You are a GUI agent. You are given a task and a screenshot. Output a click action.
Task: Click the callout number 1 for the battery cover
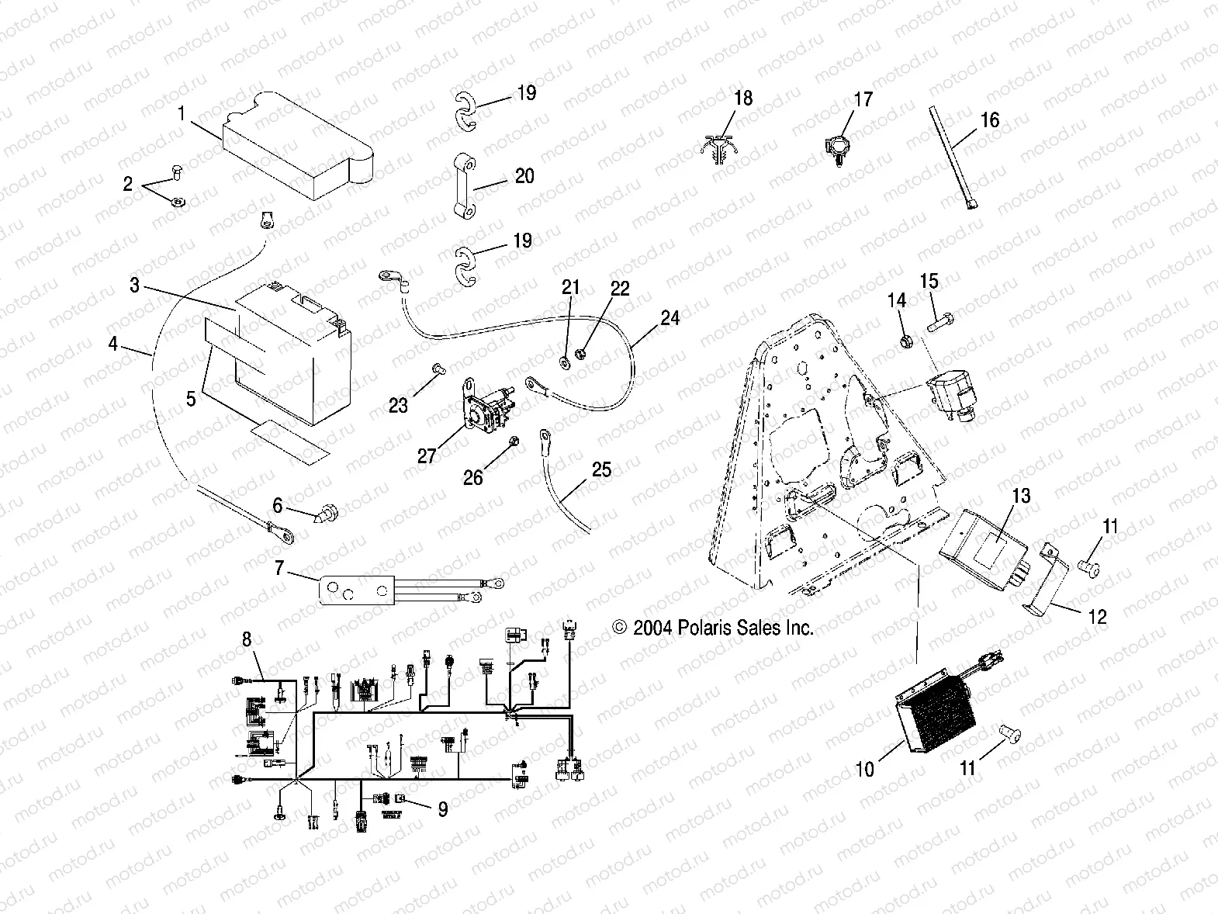tap(182, 114)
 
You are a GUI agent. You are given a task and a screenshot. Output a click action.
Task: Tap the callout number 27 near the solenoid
tap(427, 455)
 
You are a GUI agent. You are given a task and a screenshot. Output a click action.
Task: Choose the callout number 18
tap(743, 99)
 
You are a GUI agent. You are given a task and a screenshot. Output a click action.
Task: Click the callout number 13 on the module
tap(1022, 495)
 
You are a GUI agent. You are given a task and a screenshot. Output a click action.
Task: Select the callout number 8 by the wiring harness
tap(247, 639)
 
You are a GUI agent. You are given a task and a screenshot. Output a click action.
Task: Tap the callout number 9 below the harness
tap(442, 809)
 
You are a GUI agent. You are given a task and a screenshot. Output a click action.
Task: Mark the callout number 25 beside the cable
tap(601, 470)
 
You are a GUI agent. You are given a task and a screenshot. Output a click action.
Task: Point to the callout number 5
tap(191, 400)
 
